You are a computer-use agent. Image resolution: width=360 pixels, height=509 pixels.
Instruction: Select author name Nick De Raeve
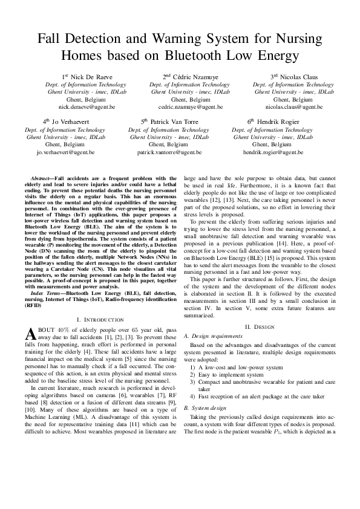(x=90, y=77)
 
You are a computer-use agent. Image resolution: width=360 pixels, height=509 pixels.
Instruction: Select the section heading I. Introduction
(x=100, y=319)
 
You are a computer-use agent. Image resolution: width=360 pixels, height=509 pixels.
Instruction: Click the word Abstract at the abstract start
(x=42, y=178)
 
